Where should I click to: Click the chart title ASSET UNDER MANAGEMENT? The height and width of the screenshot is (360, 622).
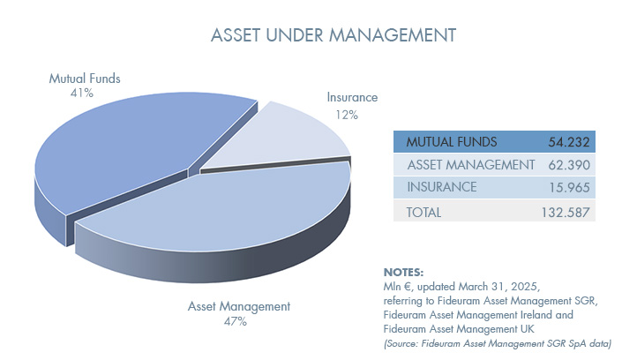point(333,35)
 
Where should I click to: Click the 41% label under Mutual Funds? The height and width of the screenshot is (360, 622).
point(82,93)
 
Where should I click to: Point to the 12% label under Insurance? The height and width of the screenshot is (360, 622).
point(347,115)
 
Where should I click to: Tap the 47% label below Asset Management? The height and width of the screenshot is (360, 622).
point(236,321)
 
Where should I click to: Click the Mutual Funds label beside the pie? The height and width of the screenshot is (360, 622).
point(85,79)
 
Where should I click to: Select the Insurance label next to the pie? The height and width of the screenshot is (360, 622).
point(352,97)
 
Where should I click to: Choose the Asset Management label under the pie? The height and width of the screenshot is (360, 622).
point(239,306)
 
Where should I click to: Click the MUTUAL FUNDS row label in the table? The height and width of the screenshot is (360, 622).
point(452,142)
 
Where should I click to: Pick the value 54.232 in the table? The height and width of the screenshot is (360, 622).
point(569,142)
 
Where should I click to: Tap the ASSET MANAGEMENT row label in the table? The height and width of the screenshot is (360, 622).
point(471,165)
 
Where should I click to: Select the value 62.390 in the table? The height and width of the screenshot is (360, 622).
point(569,165)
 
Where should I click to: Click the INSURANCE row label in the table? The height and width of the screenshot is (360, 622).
point(442,187)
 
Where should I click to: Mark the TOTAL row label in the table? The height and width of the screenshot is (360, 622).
point(423,213)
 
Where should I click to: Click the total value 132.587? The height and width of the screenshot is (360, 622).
point(566,213)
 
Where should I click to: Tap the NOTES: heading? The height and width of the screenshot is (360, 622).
point(403,273)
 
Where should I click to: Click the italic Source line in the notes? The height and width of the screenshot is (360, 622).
point(497,343)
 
